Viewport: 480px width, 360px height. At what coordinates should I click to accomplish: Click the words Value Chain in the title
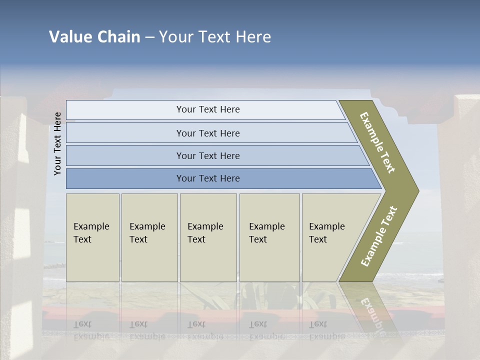tap(94, 37)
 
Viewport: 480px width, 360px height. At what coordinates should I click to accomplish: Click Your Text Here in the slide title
tap(215, 37)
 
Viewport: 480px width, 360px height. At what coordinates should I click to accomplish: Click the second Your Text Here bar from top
tap(207, 133)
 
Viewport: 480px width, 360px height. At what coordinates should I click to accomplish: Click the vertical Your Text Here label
tap(57, 144)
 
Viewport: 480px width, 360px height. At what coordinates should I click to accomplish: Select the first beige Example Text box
tap(92, 237)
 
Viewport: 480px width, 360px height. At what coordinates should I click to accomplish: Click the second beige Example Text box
tap(149, 237)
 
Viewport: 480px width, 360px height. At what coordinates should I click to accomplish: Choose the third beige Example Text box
tap(208, 237)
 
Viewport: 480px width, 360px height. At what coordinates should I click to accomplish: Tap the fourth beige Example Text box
tap(269, 237)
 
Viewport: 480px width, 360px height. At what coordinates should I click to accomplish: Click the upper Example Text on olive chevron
tap(377, 142)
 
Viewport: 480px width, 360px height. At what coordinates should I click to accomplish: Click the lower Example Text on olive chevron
tap(379, 236)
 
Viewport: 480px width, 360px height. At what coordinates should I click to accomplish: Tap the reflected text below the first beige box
tap(91, 330)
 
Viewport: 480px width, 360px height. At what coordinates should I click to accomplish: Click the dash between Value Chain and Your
tap(149, 37)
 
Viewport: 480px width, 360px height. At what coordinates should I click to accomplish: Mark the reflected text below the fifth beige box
tap(326, 330)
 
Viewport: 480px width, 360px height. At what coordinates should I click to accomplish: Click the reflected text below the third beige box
tap(205, 330)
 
